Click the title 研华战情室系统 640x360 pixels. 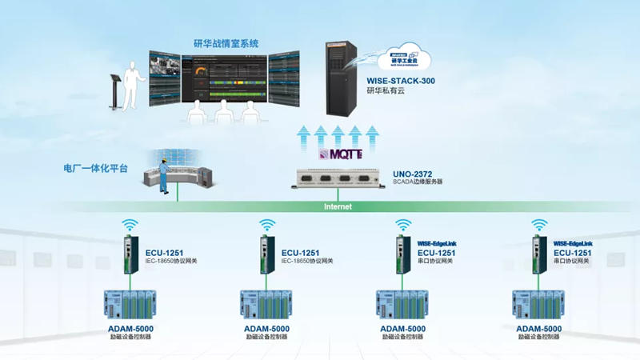(x=226, y=43)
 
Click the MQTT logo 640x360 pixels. (x=341, y=154)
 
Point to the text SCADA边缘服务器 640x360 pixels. (x=418, y=182)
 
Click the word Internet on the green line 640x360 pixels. (x=338, y=206)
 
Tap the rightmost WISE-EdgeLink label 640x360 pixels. (x=573, y=242)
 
